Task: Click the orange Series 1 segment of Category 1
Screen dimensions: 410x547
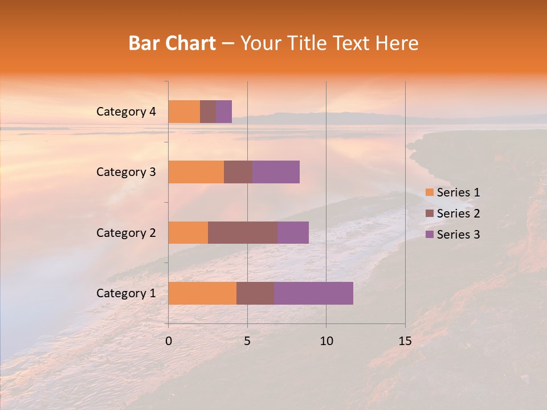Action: coord(202,293)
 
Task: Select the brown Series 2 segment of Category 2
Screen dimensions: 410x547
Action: coord(242,232)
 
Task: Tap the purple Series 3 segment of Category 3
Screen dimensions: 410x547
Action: coord(276,172)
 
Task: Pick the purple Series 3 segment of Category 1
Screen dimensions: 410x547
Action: coord(313,293)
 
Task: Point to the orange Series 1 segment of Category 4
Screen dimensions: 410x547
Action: coord(184,112)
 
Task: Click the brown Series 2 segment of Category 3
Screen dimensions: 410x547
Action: coord(238,172)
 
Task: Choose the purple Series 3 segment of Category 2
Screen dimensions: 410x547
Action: coord(293,232)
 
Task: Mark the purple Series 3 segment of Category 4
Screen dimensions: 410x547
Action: coord(224,112)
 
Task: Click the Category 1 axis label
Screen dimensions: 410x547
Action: coord(126,293)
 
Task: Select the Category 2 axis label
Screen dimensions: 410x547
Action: coord(126,233)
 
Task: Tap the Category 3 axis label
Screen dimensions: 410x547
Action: coord(126,172)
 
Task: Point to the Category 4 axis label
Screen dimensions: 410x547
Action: coord(126,112)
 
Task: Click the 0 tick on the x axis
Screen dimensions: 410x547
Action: coord(169,341)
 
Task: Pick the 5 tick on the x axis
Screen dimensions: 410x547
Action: coord(247,341)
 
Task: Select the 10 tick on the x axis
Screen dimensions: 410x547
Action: coord(326,341)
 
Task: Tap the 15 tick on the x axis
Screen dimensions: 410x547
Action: coord(405,341)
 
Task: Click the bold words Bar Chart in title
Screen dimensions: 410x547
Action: coord(172,43)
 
